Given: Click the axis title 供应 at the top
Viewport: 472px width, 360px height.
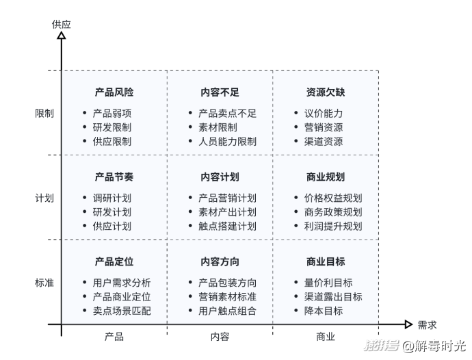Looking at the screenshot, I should click(62, 24).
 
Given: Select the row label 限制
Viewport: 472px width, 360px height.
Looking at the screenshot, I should click(44, 113).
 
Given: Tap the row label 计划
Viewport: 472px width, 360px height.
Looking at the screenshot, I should click(44, 198).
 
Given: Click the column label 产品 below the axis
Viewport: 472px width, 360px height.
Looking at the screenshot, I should click(114, 336).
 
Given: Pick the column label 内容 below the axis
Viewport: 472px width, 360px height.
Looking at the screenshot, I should click(220, 336).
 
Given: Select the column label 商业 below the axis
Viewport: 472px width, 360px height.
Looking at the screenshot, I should click(326, 336).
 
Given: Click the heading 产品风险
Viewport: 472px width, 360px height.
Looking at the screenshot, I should click(114, 92).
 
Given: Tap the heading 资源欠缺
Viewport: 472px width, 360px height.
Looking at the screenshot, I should click(326, 92).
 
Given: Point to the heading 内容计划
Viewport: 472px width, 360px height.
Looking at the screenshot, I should click(220, 177).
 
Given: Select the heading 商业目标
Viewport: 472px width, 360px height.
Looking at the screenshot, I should click(326, 261).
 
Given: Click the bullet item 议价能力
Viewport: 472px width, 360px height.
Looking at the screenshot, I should click(324, 113).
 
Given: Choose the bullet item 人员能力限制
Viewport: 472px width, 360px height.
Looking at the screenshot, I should click(227, 141).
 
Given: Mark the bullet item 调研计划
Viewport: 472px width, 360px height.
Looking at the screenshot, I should click(112, 198).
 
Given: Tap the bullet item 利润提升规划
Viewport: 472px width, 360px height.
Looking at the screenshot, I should click(333, 226).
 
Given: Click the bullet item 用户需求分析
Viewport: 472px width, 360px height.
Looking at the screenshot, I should click(122, 283).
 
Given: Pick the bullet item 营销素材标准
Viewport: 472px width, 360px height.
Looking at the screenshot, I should click(227, 296).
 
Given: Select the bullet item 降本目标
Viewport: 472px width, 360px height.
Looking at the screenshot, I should click(324, 311).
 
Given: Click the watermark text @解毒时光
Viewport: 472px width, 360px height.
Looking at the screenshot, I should click(434, 346).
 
